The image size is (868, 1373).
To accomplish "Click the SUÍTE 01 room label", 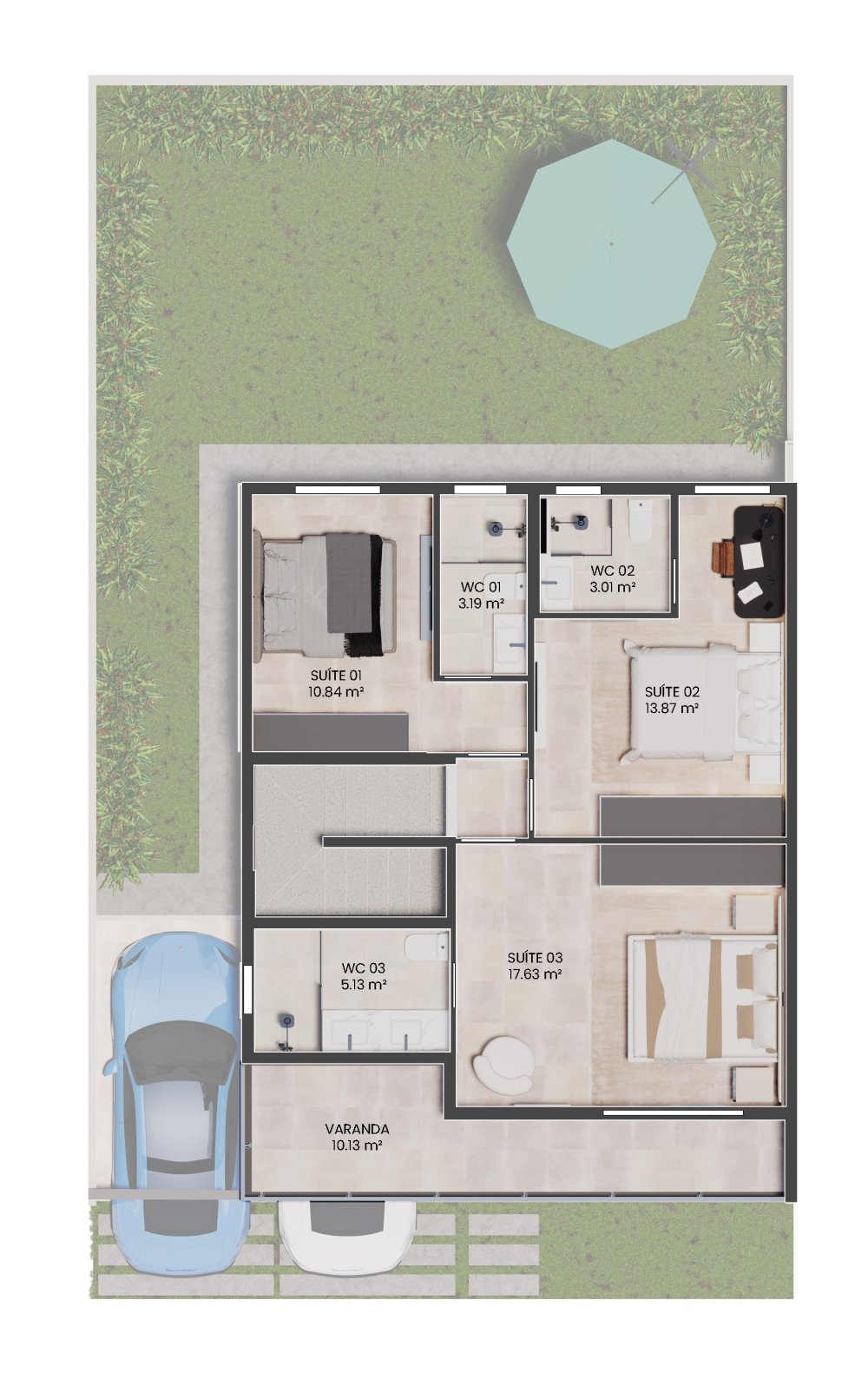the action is point(336,676).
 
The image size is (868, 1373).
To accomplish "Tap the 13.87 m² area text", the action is point(672,709).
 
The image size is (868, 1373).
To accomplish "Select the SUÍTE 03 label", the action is point(535,957).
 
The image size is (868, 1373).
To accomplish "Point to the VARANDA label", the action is point(357,1129).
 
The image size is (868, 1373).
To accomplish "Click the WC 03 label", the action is point(363,967).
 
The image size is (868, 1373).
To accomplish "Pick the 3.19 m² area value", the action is point(481,604).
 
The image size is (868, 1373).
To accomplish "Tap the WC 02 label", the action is point(613,571).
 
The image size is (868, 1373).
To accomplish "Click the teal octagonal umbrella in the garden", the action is point(611,244).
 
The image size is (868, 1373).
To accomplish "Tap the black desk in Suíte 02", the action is point(759,562).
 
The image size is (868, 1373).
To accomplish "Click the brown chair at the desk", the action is point(723,558).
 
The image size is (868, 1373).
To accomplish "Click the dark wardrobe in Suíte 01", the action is point(331,731).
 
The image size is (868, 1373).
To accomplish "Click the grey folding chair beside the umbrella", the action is point(684,170).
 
